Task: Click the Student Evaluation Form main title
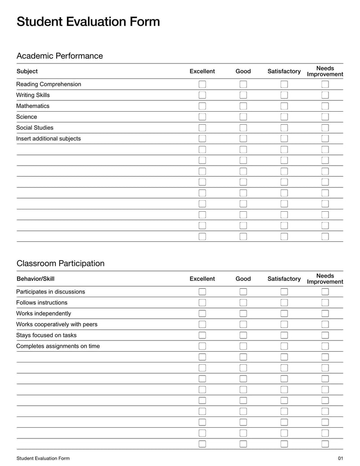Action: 88,22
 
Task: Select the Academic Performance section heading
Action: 59,56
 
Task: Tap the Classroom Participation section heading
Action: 60,263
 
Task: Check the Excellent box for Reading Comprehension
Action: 202,84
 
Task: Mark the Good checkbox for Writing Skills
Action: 243,95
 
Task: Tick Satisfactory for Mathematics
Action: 284,106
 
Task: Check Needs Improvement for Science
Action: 325,117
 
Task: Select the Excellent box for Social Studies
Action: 202,127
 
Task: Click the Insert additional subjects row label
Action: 49,139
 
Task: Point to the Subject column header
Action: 27,71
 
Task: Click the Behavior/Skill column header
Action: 36,279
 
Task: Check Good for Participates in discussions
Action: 243,292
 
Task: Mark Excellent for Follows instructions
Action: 202,303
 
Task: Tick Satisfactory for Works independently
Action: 284,313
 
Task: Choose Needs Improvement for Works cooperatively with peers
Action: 325,324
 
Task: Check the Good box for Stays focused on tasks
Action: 243,335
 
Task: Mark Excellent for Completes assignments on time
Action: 202,346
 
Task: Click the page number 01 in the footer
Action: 340,458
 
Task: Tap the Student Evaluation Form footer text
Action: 43,458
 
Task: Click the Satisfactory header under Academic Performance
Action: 284,71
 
